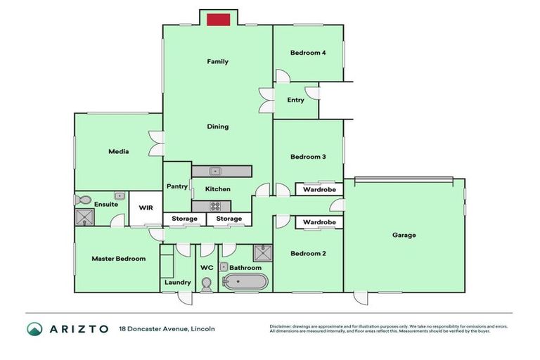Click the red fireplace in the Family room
(x=218, y=19)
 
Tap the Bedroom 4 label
(x=308, y=53)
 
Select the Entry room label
(x=296, y=100)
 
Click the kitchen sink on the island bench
(x=216, y=171)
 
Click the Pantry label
(x=176, y=186)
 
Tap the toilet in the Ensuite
(x=82, y=200)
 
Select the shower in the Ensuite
(x=84, y=216)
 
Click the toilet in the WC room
(x=207, y=283)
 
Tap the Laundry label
(x=177, y=283)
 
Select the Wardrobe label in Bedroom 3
(x=319, y=190)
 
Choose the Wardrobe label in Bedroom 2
(x=319, y=222)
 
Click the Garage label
(x=404, y=235)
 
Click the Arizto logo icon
(x=35, y=329)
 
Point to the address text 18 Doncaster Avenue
(x=167, y=329)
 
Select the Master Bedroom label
(x=118, y=259)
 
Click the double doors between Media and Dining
(x=157, y=144)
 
